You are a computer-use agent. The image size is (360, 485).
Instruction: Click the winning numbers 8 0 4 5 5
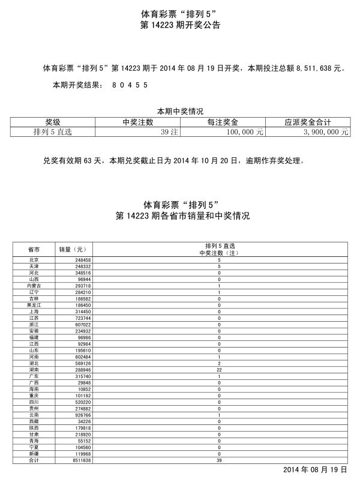coord(130,86)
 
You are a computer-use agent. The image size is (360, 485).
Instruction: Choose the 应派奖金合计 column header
coord(307,121)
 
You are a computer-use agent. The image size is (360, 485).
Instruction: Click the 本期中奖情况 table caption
coord(180,111)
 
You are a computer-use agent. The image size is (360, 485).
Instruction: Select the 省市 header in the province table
coord(34,249)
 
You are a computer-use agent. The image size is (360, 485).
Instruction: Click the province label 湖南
coord(34,370)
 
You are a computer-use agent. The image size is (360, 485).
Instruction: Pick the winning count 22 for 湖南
coord(219,370)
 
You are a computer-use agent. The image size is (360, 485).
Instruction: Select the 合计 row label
coord(34,460)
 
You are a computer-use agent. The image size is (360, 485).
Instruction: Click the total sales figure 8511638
coord(81,460)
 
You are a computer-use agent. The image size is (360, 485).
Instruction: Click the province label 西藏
coord(34,421)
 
